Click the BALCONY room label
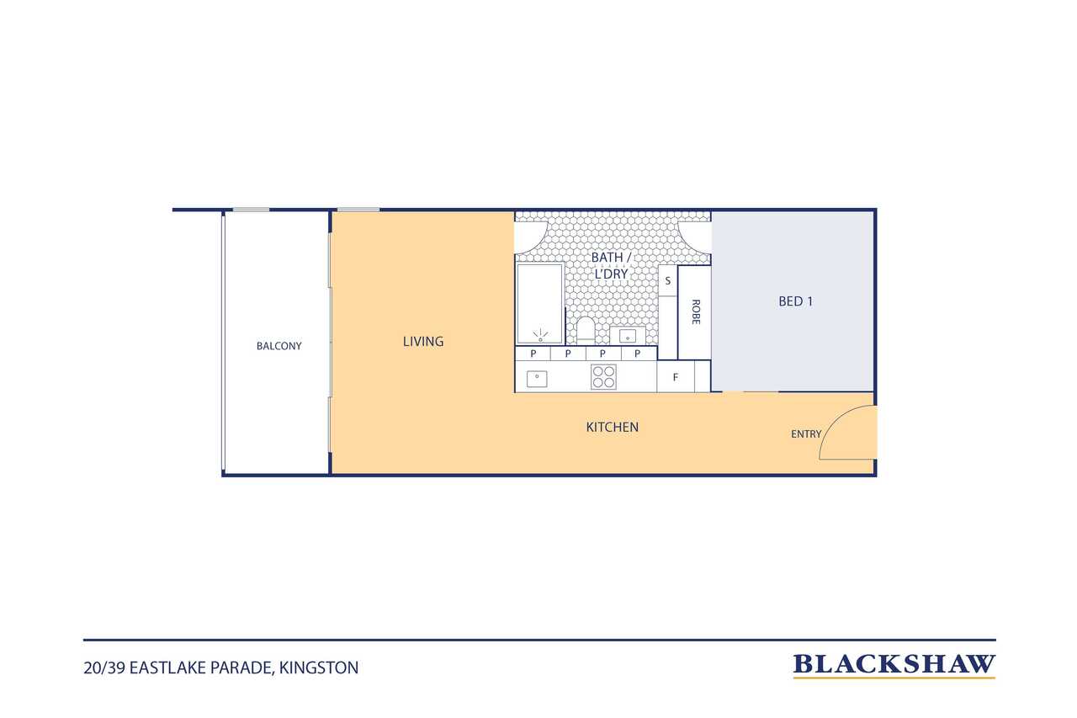click(279, 346)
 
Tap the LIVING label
click(423, 342)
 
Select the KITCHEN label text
click(612, 427)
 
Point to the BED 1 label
click(796, 301)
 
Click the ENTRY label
click(806, 434)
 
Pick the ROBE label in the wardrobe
click(696, 311)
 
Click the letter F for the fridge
click(676, 377)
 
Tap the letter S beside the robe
click(668, 281)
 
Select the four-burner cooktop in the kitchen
click(603, 376)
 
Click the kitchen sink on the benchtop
click(537, 379)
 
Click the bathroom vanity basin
click(628, 335)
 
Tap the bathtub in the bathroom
click(540, 304)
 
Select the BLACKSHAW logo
click(894, 666)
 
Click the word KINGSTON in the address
click(319, 668)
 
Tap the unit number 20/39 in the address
click(104, 668)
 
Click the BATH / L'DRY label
click(611, 265)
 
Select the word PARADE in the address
click(242, 668)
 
